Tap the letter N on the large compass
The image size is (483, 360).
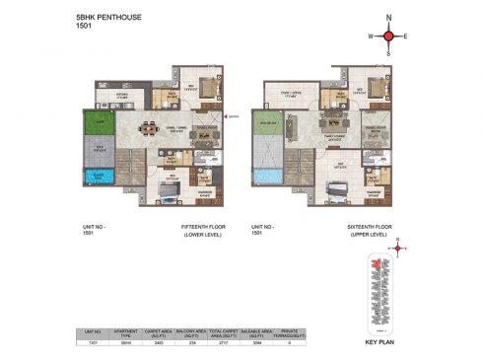coord(388,18)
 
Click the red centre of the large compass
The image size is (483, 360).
coord(388,36)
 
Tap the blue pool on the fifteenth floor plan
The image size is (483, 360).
coord(98,179)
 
